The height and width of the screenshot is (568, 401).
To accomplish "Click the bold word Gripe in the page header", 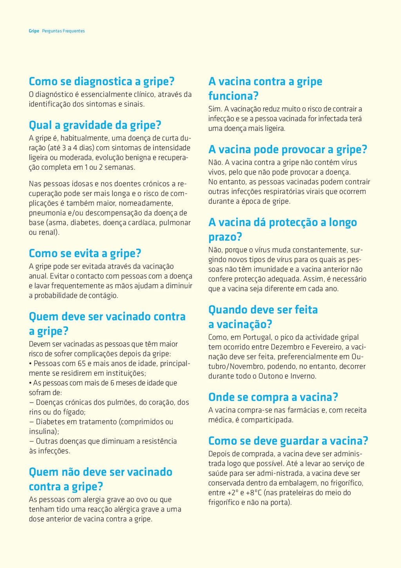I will [34, 31].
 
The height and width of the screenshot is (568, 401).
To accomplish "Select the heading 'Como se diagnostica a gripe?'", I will [101, 82].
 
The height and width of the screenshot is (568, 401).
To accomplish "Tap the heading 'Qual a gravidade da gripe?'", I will [95, 125].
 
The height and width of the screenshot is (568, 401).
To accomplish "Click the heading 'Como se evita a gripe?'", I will [85, 254].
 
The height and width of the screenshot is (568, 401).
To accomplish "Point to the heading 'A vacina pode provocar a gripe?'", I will [288, 150].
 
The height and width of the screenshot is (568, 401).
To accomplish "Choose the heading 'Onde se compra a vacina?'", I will [273, 397].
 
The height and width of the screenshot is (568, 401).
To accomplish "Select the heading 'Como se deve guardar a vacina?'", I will [288, 441].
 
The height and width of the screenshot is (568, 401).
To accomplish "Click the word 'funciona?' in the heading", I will [233, 96].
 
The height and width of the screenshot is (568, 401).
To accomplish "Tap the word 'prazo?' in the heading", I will [225, 237].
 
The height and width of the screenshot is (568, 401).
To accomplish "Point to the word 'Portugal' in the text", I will [257, 338].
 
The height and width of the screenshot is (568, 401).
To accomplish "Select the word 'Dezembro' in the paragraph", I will [287, 347].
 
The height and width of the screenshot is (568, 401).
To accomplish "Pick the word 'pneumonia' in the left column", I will [47, 213].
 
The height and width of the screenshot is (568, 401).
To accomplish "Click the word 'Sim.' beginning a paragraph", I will [215, 109].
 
